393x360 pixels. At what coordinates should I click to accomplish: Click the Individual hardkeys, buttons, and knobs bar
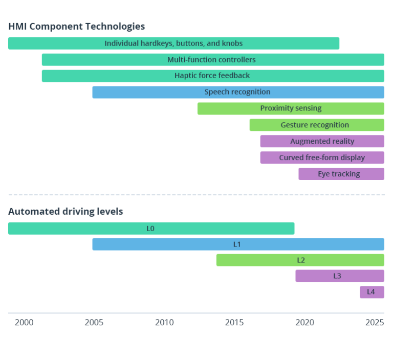[173, 43]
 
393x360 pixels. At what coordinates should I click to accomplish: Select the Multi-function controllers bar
[213, 60]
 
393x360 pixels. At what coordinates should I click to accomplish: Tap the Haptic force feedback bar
[213, 76]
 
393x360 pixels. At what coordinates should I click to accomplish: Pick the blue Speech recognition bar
[238, 93]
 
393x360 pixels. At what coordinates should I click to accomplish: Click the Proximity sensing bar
[291, 108]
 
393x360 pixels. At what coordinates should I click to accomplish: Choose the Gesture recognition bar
[316, 125]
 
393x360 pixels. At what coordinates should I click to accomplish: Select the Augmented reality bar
[322, 141]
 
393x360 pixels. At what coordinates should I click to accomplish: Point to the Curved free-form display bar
[322, 157]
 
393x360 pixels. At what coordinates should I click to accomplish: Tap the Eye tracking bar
[341, 174]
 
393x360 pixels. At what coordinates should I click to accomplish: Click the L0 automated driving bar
[151, 229]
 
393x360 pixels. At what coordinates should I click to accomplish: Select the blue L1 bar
[238, 244]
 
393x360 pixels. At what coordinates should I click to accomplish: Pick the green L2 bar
[300, 260]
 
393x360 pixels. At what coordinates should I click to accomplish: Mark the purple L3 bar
[339, 276]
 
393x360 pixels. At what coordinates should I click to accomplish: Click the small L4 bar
[372, 292]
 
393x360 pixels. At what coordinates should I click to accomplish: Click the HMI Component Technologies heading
[77, 27]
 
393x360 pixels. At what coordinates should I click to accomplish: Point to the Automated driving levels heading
[65, 212]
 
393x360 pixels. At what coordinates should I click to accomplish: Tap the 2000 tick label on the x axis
[24, 323]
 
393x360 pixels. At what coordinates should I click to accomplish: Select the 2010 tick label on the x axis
[164, 323]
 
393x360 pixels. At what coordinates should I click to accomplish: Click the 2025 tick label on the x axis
[375, 323]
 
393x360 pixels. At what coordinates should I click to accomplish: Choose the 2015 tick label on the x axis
[234, 323]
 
